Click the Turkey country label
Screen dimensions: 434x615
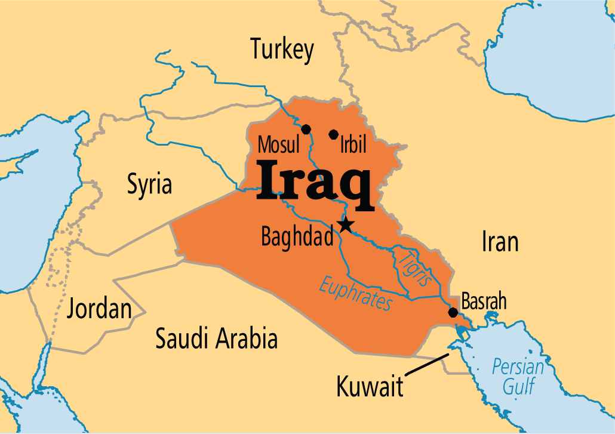click(x=282, y=49)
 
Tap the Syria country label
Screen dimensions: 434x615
click(x=149, y=184)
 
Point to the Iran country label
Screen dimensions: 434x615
click(x=499, y=242)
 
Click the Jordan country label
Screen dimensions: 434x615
click(x=99, y=310)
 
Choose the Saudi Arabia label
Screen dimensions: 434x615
click(x=216, y=338)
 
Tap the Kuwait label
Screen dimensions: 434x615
click(x=370, y=386)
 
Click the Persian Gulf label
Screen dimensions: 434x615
click(x=518, y=376)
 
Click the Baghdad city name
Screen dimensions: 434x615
click(x=297, y=237)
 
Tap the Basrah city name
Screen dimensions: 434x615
click(x=484, y=301)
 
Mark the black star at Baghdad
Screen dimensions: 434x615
click(x=346, y=225)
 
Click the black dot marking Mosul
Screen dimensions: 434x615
click(x=306, y=129)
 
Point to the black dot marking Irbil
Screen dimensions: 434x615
click(x=333, y=134)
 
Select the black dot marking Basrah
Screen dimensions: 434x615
click(x=453, y=312)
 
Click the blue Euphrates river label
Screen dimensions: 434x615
click(x=356, y=292)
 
